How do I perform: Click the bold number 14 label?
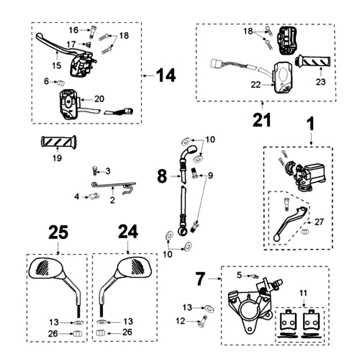(x=166, y=76)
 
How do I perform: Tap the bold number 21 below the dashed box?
(x=261, y=121)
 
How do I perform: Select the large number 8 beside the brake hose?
(x=162, y=176)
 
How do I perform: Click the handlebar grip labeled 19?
(x=59, y=142)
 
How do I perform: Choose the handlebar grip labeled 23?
(x=313, y=60)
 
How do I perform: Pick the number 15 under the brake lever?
(x=56, y=66)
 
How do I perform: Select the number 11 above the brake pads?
(x=304, y=293)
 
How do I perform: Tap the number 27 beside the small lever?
(x=319, y=222)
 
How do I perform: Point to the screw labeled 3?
(x=95, y=170)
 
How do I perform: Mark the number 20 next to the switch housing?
(x=99, y=99)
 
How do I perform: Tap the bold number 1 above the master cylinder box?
(x=310, y=124)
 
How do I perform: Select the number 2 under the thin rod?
(x=112, y=200)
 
